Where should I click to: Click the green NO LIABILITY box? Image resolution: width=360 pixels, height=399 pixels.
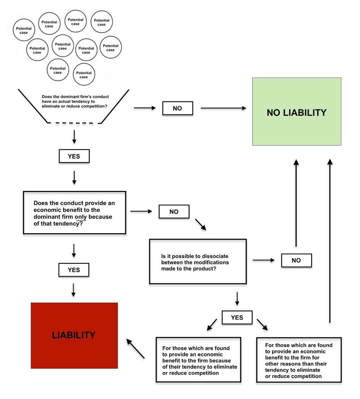click(297, 112)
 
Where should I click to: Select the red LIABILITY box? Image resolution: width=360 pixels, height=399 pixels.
click(74, 335)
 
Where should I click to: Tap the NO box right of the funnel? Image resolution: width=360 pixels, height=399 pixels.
click(177, 108)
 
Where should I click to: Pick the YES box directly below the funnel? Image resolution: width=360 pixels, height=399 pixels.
click(74, 156)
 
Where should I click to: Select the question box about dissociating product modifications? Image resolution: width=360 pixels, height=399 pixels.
click(198, 261)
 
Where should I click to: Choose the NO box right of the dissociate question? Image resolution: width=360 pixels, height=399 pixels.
click(296, 260)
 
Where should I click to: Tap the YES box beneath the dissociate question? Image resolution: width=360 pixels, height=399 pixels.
click(237, 317)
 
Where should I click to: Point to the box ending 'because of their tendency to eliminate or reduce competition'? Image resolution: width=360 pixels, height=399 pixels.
click(198, 359)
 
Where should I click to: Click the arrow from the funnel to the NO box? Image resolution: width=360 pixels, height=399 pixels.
click(145, 108)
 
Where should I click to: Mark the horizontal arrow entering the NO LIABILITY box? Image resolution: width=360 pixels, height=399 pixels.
click(223, 108)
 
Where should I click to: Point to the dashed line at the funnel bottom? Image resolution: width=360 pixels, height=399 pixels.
click(74, 123)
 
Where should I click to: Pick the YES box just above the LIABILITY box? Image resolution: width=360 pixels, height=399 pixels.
click(74, 270)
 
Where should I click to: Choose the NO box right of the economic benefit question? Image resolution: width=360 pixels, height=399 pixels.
click(174, 212)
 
